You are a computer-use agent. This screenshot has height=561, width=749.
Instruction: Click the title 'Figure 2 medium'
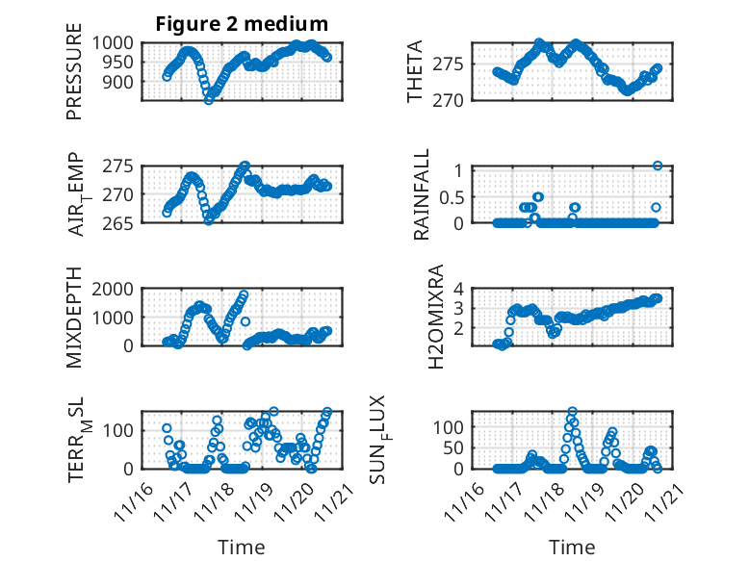[243, 24]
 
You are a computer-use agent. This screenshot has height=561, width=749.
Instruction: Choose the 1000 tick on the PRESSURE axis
[114, 42]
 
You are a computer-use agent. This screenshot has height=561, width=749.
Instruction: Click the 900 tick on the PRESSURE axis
[121, 82]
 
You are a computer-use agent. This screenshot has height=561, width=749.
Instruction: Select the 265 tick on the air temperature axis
[121, 222]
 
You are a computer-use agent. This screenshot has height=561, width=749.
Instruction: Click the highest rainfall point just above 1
[658, 166]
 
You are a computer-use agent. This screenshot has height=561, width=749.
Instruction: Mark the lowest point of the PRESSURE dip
[209, 100]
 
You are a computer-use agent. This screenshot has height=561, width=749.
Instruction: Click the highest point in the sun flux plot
[573, 412]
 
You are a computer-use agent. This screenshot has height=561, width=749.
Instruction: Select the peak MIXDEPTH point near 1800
[244, 294]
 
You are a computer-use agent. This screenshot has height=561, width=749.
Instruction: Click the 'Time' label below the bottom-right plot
[572, 547]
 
